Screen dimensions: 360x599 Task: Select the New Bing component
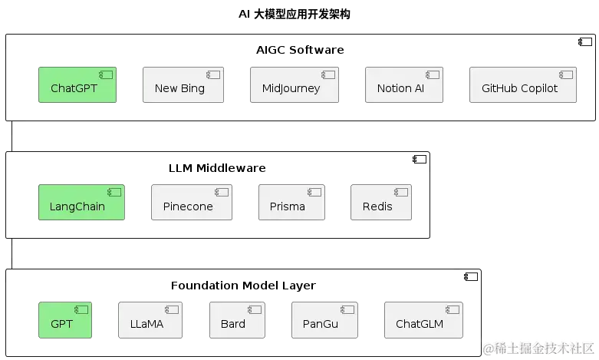(x=183, y=85)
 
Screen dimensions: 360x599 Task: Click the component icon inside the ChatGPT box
(x=105, y=74)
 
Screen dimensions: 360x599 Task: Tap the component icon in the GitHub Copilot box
(x=566, y=74)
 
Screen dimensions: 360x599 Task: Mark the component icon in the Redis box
(x=401, y=192)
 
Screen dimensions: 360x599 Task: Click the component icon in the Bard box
(x=255, y=309)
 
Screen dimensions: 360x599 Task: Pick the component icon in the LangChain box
(x=114, y=192)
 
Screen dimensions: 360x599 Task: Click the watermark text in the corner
(x=538, y=348)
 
